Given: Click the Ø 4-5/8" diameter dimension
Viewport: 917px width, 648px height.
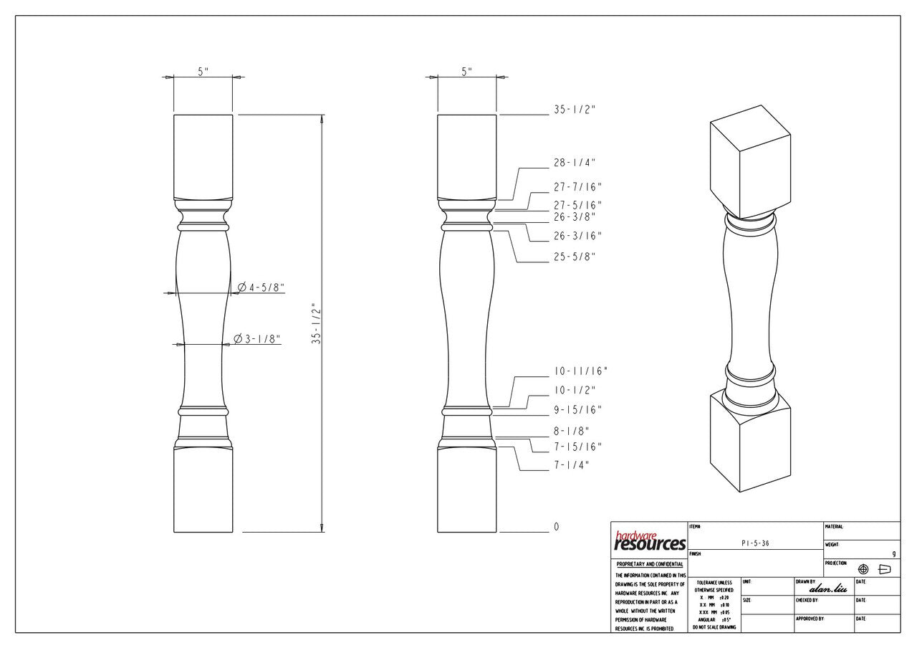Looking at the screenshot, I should [x=261, y=288].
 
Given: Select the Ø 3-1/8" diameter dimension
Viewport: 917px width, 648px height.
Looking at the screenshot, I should [x=257, y=339].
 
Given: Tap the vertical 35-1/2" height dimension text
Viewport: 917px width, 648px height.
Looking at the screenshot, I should [x=316, y=324].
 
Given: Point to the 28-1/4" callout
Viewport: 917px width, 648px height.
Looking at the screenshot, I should [x=574, y=163].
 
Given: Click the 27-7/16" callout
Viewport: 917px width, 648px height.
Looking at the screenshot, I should [x=577, y=187].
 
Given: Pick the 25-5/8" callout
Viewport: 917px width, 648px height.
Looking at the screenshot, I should [x=574, y=257].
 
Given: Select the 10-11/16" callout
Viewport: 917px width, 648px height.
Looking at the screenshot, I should [x=580, y=371].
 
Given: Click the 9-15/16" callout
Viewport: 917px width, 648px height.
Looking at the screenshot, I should [x=577, y=410].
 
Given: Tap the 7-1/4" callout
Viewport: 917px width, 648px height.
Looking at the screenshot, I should [x=571, y=465].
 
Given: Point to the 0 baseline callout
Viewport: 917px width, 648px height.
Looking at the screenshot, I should [x=556, y=527].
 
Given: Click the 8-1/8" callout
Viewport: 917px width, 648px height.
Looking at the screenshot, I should [x=571, y=432].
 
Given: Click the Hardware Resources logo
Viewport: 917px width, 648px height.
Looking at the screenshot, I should [x=649, y=541].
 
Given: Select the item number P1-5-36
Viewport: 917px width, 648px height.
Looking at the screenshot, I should [x=755, y=544].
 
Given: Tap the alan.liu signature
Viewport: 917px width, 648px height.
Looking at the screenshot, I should [x=827, y=589].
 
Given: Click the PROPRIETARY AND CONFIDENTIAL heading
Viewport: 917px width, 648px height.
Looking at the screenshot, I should [x=649, y=564].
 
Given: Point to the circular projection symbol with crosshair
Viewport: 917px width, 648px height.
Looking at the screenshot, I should [x=863, y=569].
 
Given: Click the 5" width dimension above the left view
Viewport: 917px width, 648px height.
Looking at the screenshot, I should [x=203, y=72].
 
